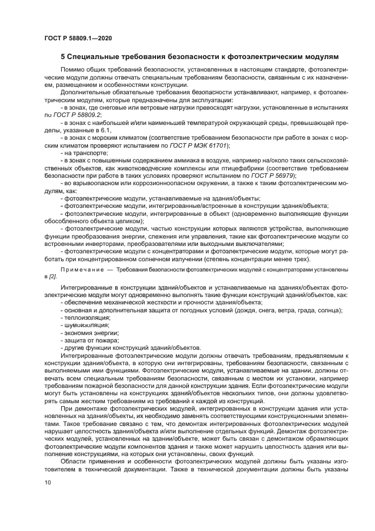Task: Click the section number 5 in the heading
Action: click(x=63, y=57)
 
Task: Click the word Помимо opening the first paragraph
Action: click(x=72, y=69)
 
